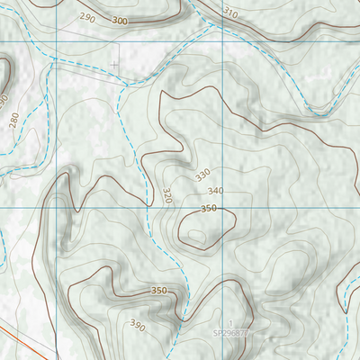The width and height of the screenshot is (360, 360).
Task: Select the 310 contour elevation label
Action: (x=231, y=13)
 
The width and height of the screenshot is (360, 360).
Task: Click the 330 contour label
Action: (x=202, y=173)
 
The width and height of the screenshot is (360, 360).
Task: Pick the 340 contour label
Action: (x=214, y=191)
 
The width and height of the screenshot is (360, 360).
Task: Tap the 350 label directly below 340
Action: (x=209, y=208)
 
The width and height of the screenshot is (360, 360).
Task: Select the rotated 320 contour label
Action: (x=166, y=194)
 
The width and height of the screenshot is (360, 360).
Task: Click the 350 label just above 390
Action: (x=159, y=291)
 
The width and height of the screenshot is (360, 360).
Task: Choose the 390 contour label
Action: (x=137, y=324)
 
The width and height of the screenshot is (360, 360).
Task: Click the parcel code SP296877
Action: (x=230, y=332)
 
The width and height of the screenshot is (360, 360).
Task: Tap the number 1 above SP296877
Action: (x=230, y=322)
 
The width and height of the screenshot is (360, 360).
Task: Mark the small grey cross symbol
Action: (x=114, y=64)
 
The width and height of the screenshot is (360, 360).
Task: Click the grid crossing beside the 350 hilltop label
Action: (x=221, y=207)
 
